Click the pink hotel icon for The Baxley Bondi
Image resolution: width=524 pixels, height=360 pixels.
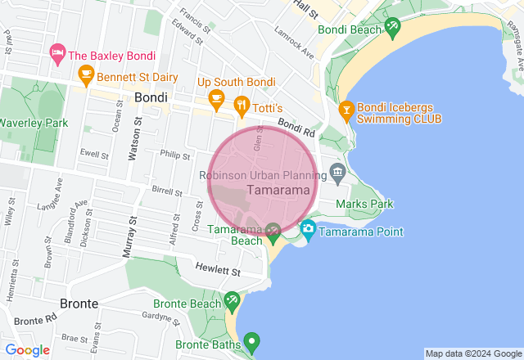click(57, 55)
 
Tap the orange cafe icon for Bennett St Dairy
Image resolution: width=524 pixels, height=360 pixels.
click(85, 76)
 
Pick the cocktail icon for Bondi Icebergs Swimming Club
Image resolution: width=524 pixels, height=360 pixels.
click(346, 109)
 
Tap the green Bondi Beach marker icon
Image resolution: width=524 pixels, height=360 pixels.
click(393, 28)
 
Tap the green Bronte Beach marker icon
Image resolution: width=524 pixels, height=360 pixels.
click(232, 301)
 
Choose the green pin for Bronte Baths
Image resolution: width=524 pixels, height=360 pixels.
click(253, 340)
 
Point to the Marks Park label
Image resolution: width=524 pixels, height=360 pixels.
click(364, 204)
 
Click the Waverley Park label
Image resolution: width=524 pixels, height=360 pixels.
click(33, 123)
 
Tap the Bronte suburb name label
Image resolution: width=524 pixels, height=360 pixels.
click(79, 304)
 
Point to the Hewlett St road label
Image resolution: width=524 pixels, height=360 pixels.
click(218, 270)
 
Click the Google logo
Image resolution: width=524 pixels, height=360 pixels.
click(28, 350)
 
